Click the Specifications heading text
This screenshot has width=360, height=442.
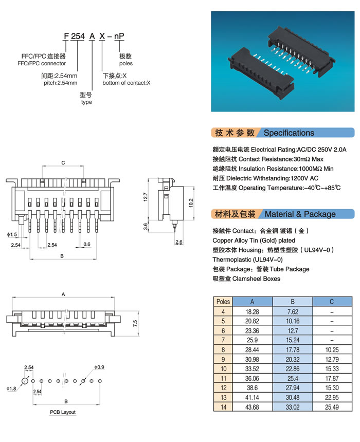[289, 133]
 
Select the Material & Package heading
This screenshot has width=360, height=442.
[300, 214]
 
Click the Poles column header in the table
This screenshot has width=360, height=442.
[223, 302]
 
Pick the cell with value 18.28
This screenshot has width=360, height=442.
[252, 311]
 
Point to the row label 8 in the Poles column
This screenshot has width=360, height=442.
[223, 349]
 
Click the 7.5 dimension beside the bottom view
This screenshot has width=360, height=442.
[135, 323]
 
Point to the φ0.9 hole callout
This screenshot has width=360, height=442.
[99, 367]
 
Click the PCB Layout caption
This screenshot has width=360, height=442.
[63, 413]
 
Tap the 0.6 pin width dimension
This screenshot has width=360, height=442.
[86, 244]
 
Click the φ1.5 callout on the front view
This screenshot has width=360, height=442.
[12, 234]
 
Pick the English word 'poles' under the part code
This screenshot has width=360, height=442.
[126, 64]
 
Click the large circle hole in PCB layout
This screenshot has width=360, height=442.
[24, 381]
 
